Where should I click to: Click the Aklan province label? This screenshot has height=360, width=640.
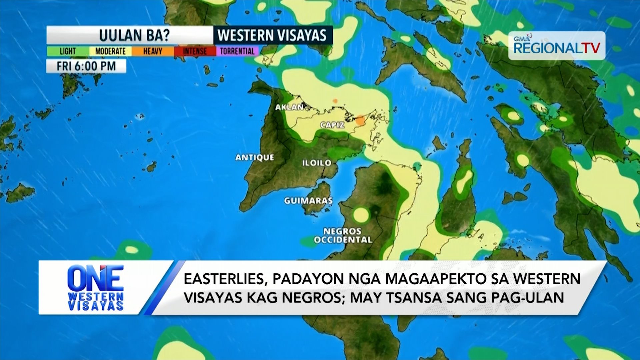point(289,107)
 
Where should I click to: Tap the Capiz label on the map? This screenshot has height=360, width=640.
point(332,125)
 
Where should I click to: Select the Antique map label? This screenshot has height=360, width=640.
point(255,157)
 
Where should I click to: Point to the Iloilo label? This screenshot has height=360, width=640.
point(317,163)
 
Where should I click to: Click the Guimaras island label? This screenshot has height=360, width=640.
point(308,201)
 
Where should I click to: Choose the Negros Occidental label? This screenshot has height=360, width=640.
point(343,235)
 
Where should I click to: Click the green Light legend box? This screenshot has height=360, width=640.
point(68,51)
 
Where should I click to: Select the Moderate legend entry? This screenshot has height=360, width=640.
point(110,51)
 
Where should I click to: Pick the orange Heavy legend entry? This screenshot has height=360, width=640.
point(153,51)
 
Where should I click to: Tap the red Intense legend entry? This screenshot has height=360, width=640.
point(195,51)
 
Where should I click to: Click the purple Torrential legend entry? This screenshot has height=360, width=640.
point(237,51)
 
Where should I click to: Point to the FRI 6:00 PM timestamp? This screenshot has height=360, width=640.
point(86,66)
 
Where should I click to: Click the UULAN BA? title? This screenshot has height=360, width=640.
point(134,35)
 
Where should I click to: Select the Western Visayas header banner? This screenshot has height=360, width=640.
point(272,35)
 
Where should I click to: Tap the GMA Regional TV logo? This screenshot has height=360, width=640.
point(556,46)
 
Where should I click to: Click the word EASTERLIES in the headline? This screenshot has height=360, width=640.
point(225,279)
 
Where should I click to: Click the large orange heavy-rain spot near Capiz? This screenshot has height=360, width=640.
point(360,120)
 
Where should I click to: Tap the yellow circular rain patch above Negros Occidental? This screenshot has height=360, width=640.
point(361,215)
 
